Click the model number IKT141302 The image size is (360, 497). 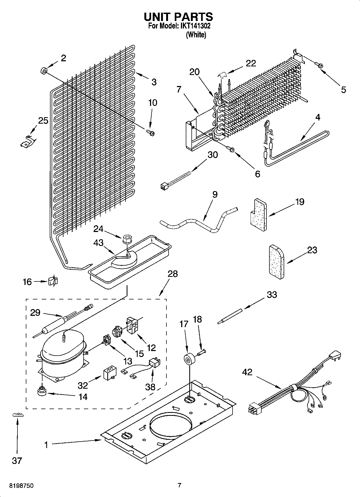coord(197,26)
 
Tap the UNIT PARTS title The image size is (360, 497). coord(179,17)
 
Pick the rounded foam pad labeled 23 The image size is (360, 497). coord(276,262)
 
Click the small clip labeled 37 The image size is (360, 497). coord(18,415)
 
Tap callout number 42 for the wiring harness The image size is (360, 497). coord(247,372)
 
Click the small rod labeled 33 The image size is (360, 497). coord(230,317)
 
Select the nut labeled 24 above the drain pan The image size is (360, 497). coord(126,239)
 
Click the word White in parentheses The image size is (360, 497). coord(196,35)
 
